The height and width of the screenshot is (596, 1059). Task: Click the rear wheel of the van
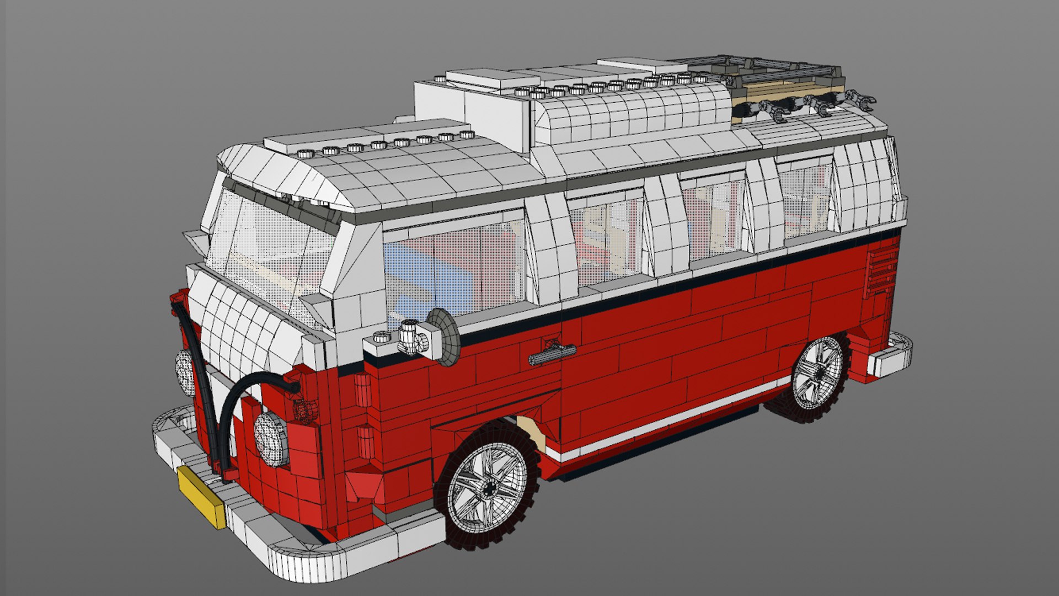(x=816, y=377)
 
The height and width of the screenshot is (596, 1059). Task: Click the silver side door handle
(x=552, y=354)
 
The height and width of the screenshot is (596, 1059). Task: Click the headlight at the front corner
(x=271, y=439)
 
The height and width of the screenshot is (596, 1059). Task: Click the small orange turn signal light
(x=304, y=411)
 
